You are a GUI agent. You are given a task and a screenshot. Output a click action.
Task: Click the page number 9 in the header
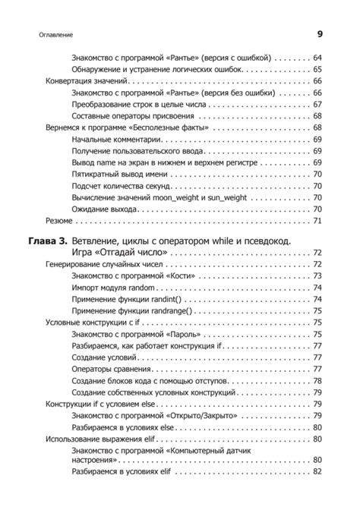tap(319, 33)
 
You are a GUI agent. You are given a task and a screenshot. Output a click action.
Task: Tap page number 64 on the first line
tap(317, 57)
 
